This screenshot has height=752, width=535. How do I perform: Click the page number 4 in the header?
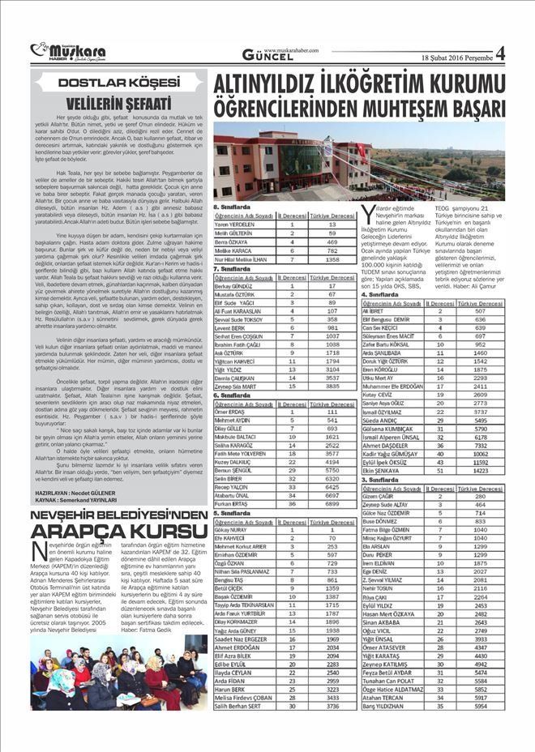point(500,53)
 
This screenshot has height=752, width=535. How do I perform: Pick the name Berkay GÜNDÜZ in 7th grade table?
point(234,286)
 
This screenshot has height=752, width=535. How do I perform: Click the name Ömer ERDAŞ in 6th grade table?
point(230,412)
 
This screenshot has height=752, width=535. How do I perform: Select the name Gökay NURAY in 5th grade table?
point(233,529)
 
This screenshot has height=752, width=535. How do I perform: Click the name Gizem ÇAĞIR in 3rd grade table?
point(378,496)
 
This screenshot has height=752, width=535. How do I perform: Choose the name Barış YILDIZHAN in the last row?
point(387,707)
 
